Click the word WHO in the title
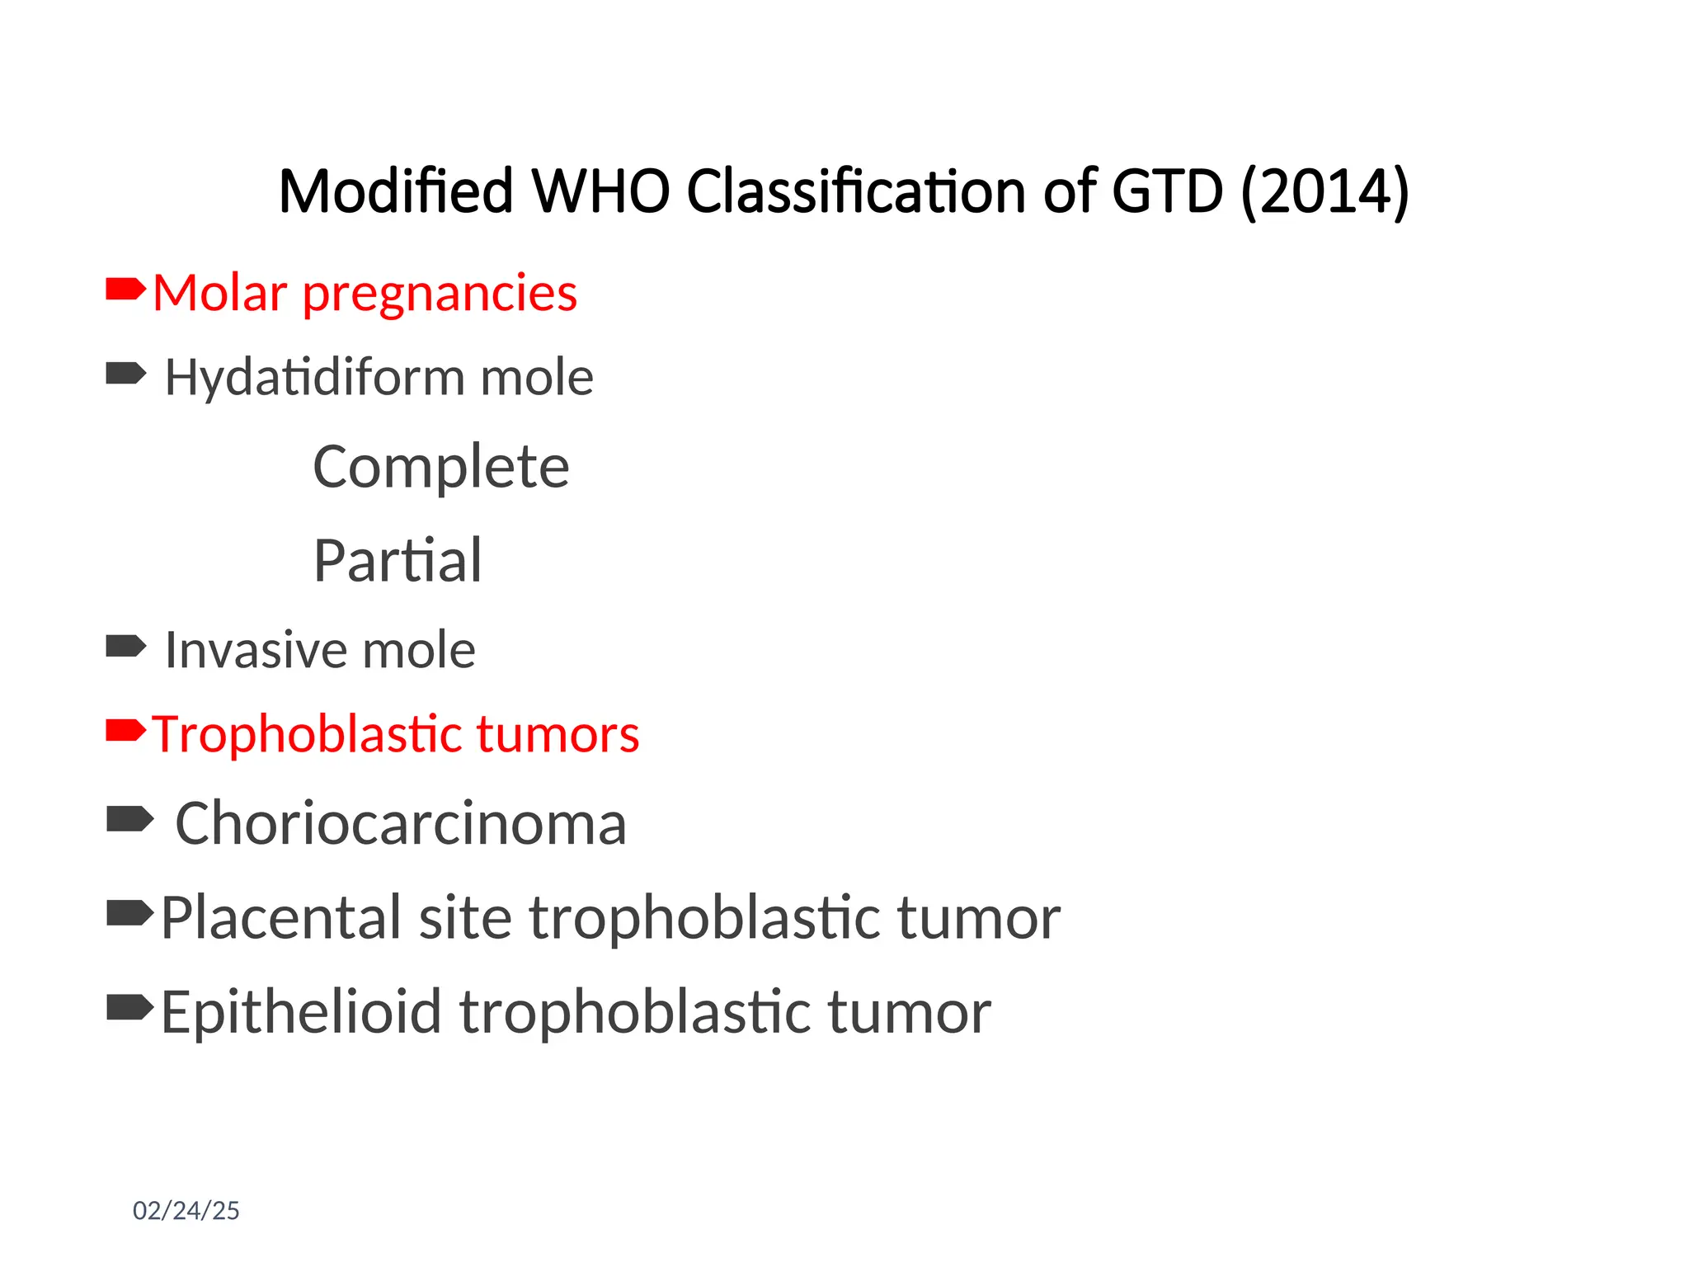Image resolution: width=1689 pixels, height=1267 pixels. [x=600, y=191]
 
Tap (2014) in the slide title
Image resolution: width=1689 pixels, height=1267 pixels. [x=1324, y=191]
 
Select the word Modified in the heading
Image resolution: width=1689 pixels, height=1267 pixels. [x=396, y=191]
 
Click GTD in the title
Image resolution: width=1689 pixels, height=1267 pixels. [x=1167, y=191]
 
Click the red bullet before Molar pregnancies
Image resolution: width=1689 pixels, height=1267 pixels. [x=125, y=290]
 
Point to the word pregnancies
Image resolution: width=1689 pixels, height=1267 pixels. [x=440, y=294]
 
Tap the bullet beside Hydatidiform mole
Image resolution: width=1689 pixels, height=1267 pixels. [x=125, y=374]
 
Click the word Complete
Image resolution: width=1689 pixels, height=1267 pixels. [x=440, y=467]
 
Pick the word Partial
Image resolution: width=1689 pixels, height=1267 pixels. [x=398, y=561]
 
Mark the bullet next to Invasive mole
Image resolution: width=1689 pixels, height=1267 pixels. [x=125, y=646]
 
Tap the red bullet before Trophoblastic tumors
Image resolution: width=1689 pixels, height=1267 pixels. [x=125, y=730]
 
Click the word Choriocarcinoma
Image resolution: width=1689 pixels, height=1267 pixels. [x=401, y=823]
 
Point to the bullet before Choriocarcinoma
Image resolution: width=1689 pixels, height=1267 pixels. [x=129, y=819]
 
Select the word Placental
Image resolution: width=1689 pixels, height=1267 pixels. [x=280, y=917]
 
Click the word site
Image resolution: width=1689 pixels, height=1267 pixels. [x=465, y=917]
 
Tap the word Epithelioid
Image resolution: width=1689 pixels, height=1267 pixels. [x=301, y=1012]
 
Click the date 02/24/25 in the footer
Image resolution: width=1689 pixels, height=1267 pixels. [x=186, y=1210]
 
